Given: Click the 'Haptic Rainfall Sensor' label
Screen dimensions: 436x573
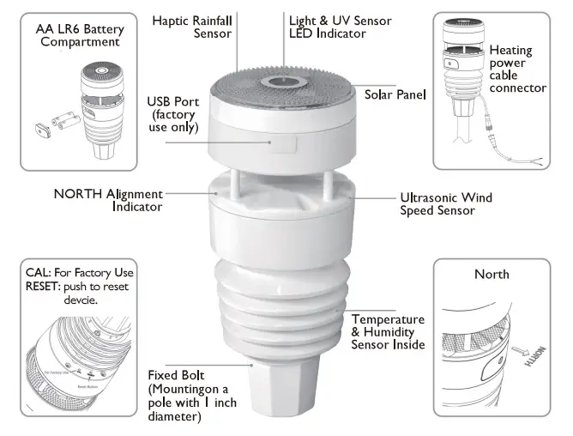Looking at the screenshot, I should coord(193,26).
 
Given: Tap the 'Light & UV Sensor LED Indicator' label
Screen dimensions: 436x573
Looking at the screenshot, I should coord(328,26).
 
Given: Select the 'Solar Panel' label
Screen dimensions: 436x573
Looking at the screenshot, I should coord(395,94).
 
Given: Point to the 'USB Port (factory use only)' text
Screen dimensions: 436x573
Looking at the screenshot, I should coord(172,114).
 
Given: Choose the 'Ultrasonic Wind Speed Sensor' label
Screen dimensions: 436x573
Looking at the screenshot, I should coord(446,203).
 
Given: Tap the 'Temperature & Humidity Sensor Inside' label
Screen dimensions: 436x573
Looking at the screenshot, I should coord(388,331).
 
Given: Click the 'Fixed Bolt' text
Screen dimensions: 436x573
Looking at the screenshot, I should coord(173,375).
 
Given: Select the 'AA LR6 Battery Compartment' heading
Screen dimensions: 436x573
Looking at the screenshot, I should coord(80,35).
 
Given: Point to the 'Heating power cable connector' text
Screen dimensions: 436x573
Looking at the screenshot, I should coord(517,70).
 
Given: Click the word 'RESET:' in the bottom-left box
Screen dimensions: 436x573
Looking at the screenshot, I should coord(43,288).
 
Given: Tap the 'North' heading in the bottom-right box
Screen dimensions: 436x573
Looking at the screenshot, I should coord(492,275).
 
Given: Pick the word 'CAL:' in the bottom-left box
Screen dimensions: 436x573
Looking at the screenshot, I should coord(39,273).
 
